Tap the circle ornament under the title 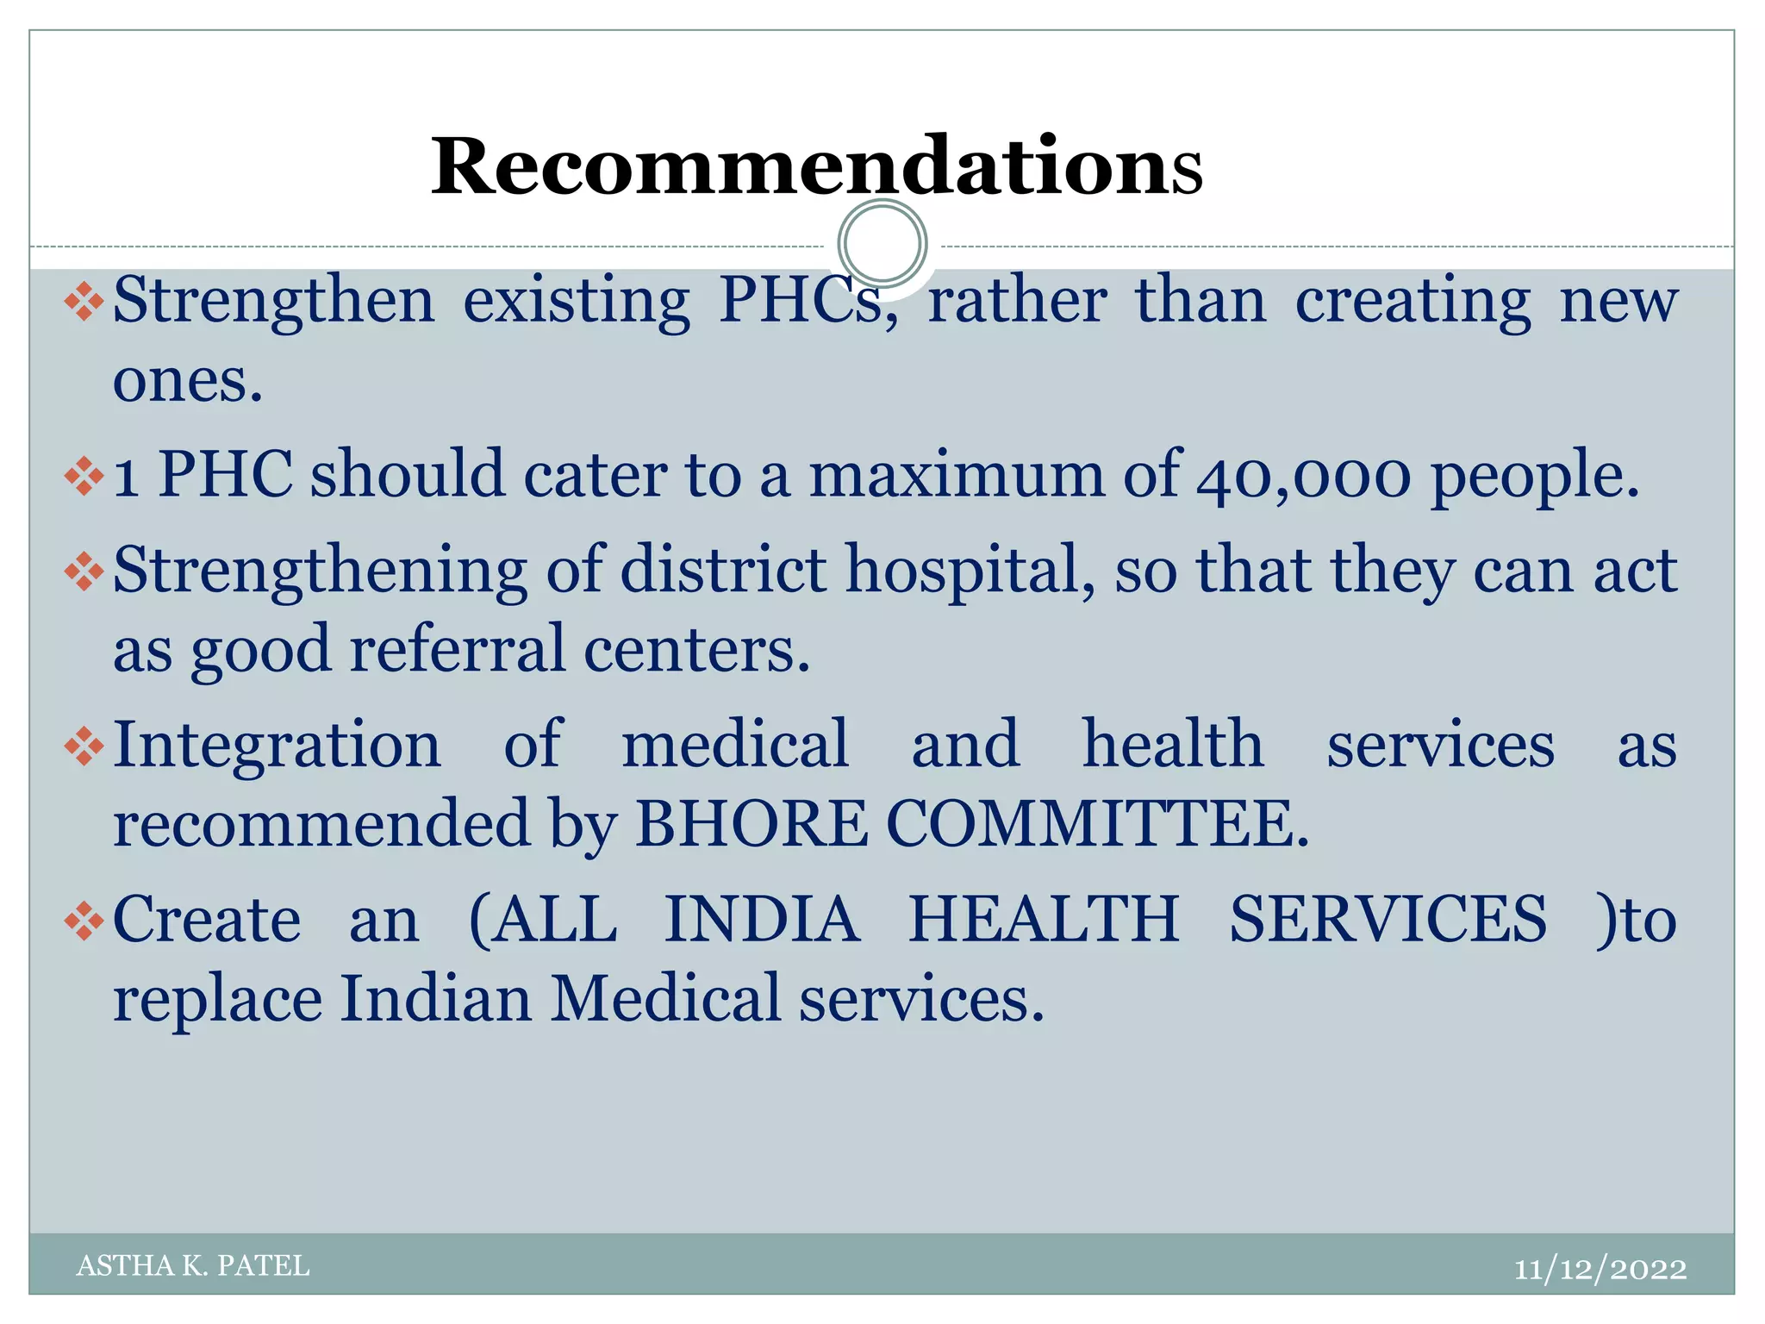(x=882, y=244)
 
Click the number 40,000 (x=1304, y=476)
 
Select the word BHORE (x=751, y=823)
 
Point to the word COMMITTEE (x=1096, y=823)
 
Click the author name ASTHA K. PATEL (x=193, y=1265)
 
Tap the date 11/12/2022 (x=1600, y=1269)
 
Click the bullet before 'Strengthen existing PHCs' (x=84, y=302)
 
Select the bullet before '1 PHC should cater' (x=84, y=476)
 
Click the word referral (x=457, y=649)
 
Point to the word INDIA (x=762, y=920)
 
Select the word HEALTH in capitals (x=1044, y=920)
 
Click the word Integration (x=277, y=745)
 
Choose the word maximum (x=956, y=476)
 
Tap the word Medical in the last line (x=664, y=999)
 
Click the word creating (x=1413, y=302)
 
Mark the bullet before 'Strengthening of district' (x=84, y=571)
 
